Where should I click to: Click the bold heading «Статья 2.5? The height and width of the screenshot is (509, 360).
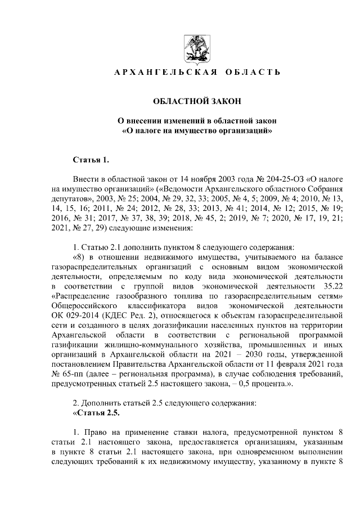[97, 412]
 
